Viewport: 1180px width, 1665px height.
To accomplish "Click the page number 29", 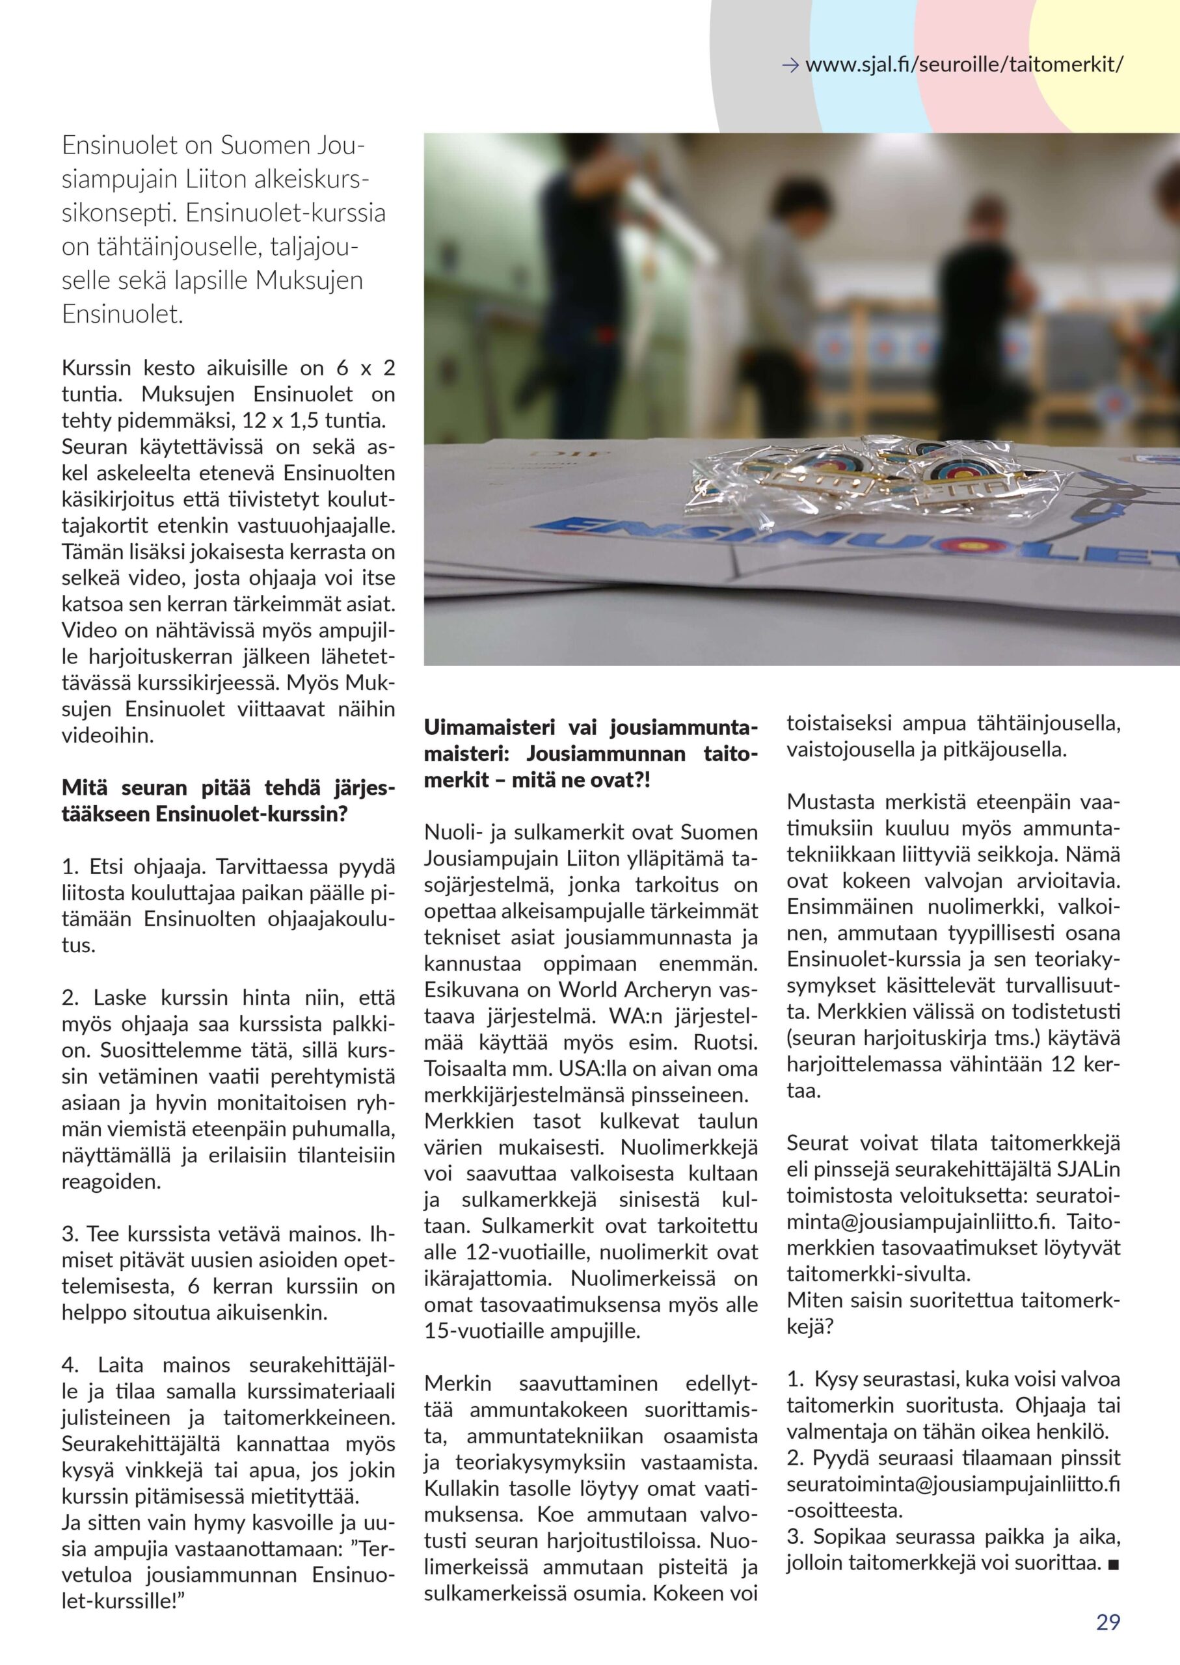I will [x=1107, y=1622].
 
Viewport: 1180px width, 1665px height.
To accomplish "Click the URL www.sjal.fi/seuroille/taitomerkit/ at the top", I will [x=963, y=66].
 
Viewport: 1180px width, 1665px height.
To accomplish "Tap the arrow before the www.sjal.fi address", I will [x=790, y=66].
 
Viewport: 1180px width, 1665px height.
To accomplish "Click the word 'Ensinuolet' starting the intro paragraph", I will [x=120, y=146].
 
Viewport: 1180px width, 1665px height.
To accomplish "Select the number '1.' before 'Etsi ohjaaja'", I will [x=70, y=866].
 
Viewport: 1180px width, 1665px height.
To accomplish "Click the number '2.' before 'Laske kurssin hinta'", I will [x=71, y=998].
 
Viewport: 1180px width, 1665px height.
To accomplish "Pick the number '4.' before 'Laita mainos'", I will [x=71, y=1365].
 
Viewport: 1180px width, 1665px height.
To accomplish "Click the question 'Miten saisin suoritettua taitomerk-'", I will [x=952, y=1300].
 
